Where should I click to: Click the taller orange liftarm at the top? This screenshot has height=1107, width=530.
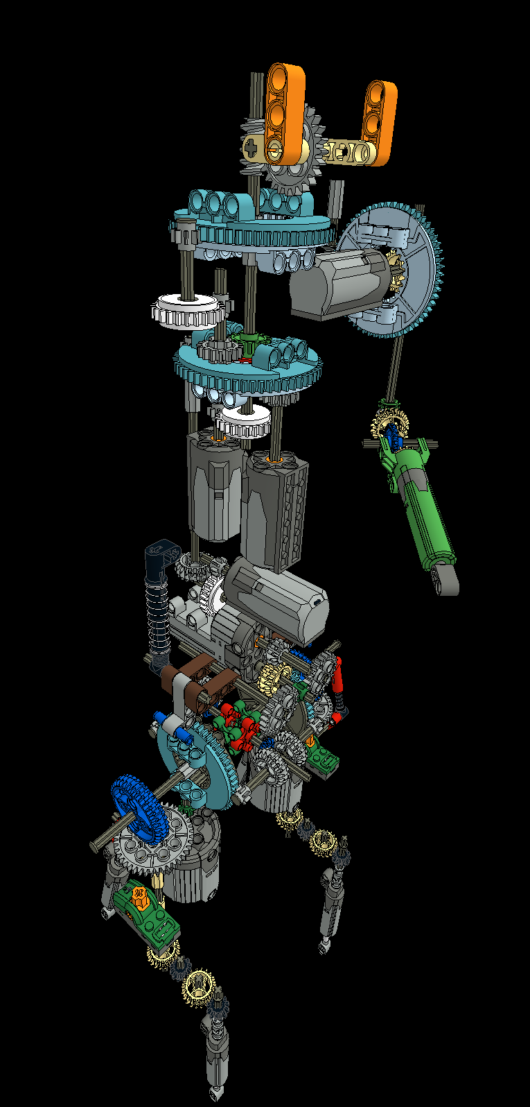[285, 114]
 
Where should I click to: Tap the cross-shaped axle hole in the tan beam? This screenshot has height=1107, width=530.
[251, 146]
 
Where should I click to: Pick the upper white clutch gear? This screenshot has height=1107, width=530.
[185, 309]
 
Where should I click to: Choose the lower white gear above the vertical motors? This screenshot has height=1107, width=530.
[245, 420]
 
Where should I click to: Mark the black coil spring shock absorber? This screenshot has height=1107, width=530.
[159, 617]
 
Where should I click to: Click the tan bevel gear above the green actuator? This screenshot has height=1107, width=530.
[390, 422]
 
